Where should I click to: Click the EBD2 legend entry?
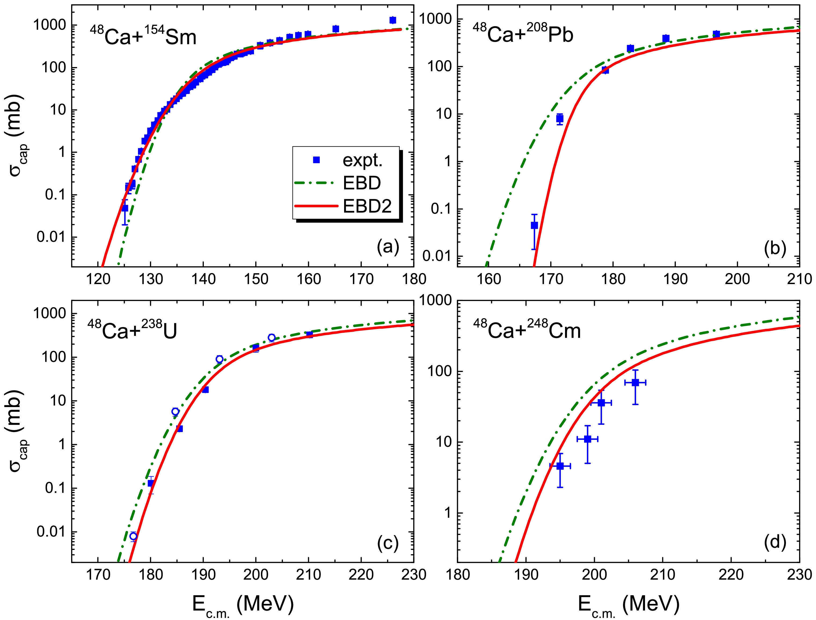coord(367,206)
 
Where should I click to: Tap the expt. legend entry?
coord(362,160)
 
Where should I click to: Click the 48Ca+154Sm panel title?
coord(143,36)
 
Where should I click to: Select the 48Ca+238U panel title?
coord(132,329)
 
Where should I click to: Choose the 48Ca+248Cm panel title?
coord(527,329)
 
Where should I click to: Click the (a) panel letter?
coord(388,247)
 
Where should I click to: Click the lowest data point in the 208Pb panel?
coord(534,225)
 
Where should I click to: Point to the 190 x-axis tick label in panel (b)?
coord(675,279)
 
